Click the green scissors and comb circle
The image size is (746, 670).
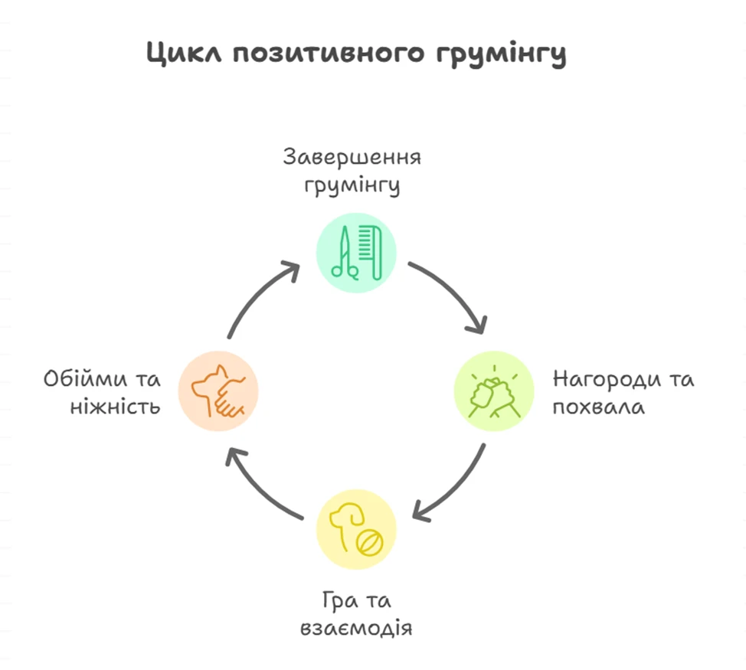click(356, 252)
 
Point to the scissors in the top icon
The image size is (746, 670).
click(342, 252)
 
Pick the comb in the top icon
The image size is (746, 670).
click(371, 250)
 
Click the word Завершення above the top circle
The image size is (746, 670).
click(352, 158)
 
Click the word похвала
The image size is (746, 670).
click(598, 407)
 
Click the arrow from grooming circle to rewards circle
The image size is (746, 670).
click(452, 295)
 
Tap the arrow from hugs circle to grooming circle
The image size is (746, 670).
click(260, 295)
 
